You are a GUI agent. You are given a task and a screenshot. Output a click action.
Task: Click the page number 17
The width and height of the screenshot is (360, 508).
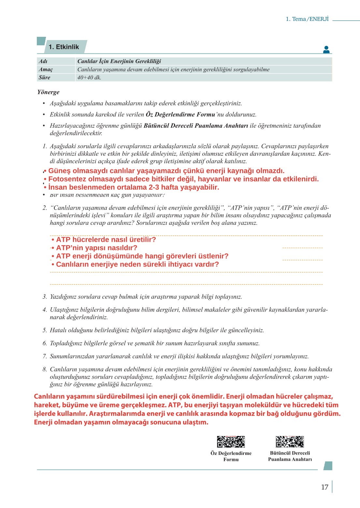[x=324, y=487]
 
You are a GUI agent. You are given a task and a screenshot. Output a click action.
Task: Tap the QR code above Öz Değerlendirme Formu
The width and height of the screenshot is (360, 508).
[x=231, y=442]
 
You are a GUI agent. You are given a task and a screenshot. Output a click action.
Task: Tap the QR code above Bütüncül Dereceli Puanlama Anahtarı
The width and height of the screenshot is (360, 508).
[x=290, y=442]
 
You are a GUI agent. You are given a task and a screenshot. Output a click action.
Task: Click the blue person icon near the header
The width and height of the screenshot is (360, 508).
[x=326, y=50]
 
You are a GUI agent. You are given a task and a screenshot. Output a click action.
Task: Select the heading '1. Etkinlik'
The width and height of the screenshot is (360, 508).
[x=64, y=47]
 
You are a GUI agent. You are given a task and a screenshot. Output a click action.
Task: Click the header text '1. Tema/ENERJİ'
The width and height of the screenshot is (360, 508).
[x=307, y=19]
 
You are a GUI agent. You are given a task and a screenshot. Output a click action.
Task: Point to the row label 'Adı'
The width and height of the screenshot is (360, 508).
[x=43, y=61]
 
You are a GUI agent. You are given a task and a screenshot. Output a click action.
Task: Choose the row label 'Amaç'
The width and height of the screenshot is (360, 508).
[x=46, y=69]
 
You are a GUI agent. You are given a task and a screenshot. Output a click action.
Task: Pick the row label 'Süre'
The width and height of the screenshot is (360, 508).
[x=44, y=78]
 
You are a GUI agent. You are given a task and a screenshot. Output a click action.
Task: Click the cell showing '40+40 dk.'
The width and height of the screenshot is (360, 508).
[x=89, y=78]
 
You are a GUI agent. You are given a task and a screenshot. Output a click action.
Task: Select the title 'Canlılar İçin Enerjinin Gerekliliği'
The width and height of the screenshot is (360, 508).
[x=119, y=61]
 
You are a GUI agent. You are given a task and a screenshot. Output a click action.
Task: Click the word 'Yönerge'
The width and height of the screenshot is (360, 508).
[x=48, y=92]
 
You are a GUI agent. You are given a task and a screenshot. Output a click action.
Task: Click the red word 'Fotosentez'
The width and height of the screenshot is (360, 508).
[x=67, y=179]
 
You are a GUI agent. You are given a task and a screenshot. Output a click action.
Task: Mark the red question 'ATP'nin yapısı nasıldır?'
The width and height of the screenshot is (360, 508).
[x=96, y=248]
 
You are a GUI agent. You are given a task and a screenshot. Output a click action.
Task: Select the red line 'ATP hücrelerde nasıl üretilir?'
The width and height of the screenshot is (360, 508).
[x=106, y=239]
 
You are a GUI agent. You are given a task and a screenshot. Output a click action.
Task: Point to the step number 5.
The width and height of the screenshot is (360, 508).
[x=45, y=330]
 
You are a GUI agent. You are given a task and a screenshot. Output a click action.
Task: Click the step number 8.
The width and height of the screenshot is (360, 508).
[x=45, y=369]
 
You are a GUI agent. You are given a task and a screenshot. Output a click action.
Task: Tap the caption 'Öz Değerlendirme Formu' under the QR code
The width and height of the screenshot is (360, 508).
[x=231, y=456]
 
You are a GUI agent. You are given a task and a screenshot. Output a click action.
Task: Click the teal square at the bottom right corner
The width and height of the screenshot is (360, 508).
[x=328, y=466]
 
